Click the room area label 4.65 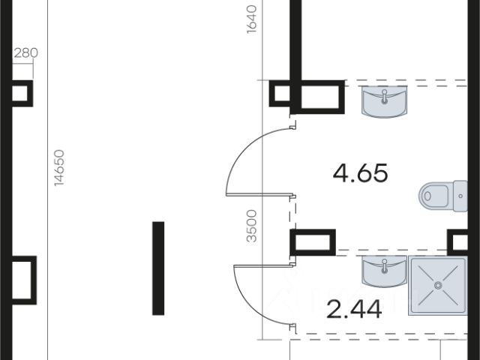(x=360, y=173)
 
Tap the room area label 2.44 (x=354, y=310)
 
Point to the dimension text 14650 (x=59, y=167)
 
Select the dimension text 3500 (x=252, y=226)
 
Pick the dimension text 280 (x=26, y=53)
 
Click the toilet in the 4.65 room (x=443, y=196)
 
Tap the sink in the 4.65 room (x=385, y=102)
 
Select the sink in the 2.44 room (x=385, y=271)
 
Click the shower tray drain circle (x=438, y=285)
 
